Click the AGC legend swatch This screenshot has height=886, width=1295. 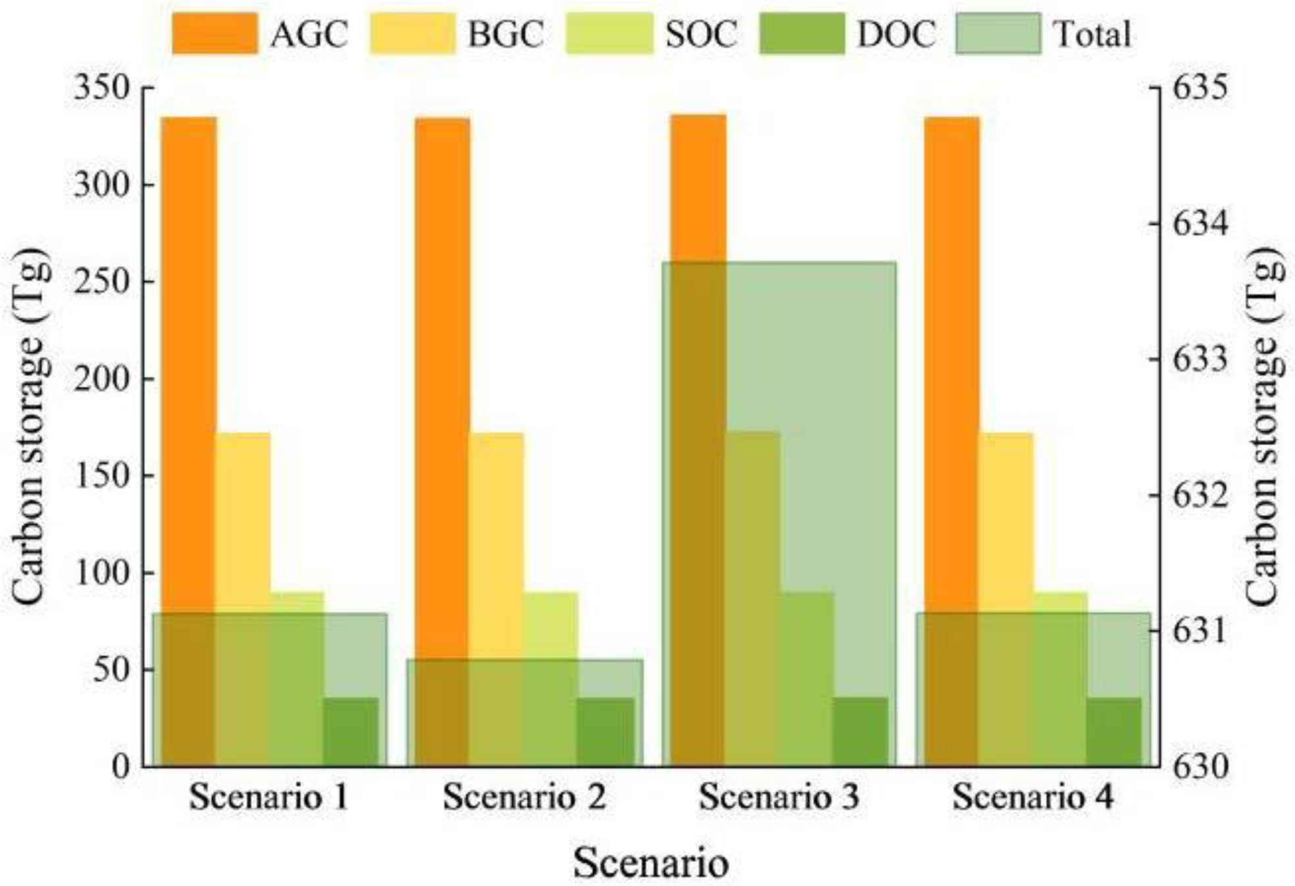pos(215,33)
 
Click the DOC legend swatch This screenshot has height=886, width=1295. pos(801,33)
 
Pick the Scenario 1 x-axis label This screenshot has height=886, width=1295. pos(268,797)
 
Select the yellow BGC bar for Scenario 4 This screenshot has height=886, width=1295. pos(1006,527)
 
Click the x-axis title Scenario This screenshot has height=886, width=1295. pos(651,862)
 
